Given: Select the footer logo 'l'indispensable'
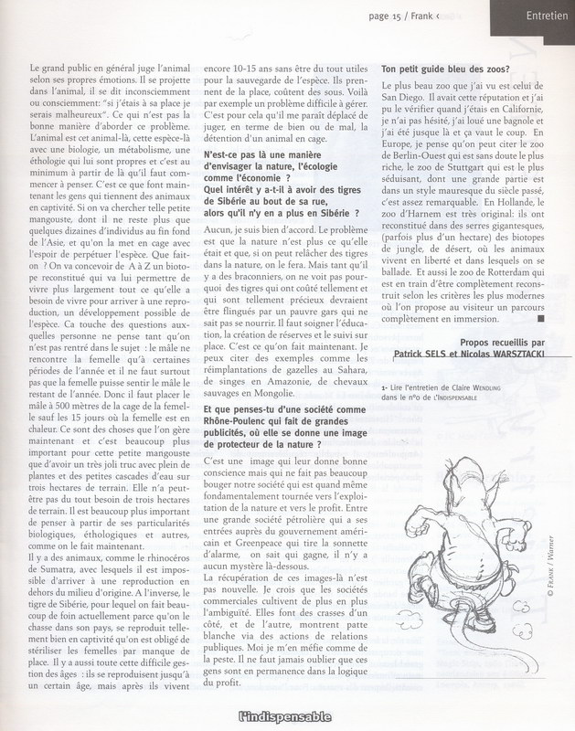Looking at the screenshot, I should click(288, 717).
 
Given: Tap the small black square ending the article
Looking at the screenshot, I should click(543, 321).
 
